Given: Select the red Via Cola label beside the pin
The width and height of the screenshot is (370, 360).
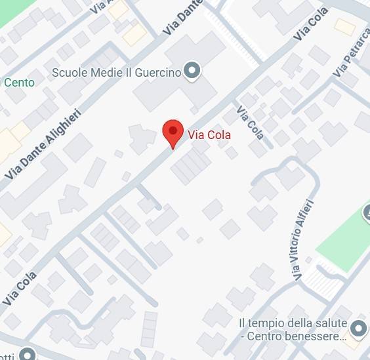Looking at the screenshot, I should (209, 135).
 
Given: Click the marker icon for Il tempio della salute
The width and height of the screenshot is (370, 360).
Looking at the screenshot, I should (358, 328).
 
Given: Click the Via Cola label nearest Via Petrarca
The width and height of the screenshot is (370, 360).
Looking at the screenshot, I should (311, 25).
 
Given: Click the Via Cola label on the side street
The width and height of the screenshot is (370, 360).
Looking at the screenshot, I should (251, 123).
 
